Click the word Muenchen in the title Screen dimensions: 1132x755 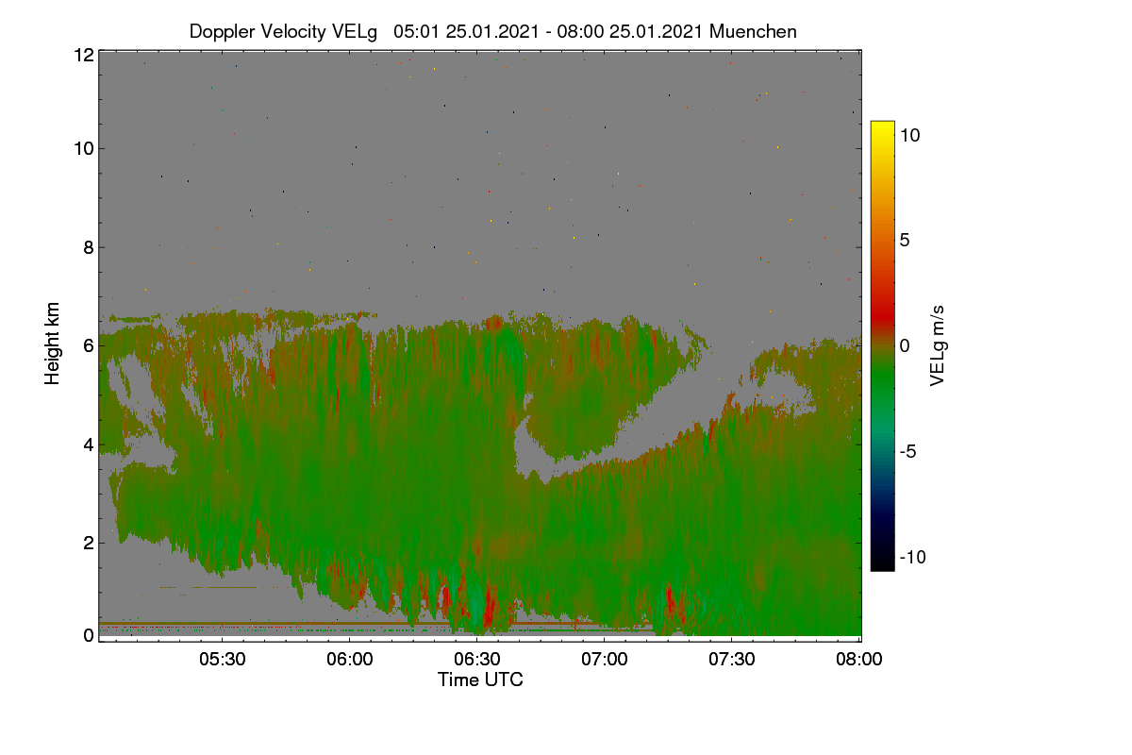(x=753, y=31)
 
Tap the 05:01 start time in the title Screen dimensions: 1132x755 (x=416, y=31)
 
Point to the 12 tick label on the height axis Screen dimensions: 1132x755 (x=84, y=55)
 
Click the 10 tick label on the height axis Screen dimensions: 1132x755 (x=84, y=149)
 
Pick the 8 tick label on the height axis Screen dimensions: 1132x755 (x=89, y=247)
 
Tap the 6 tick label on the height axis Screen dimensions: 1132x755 (x=89, y=346)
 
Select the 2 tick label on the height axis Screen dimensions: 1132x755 (x=89, y=543)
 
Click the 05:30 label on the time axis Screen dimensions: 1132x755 (x=223, y=659)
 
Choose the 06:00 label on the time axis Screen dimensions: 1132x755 (x=350, y=659)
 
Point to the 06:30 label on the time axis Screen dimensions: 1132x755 (x=477, y=659)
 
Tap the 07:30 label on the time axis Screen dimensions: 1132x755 (x=732, y=659)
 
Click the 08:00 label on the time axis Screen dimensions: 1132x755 (x=859, y=659)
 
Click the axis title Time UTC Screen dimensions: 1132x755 (x=480, y=679)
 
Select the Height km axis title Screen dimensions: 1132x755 (x=52, y=344)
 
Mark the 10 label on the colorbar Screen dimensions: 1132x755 (x=910, y=135)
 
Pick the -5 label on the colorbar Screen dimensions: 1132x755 (x=908, y=451)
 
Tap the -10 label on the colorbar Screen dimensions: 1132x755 (x=913, y=557)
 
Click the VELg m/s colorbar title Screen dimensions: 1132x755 (x=937, y=346)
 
